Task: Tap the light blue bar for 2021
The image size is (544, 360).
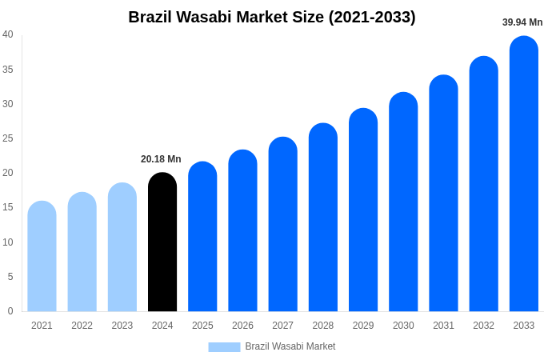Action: click(42, 257)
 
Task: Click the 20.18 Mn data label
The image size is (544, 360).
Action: click(161, 159)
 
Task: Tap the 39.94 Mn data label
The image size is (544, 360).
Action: click(522, 22)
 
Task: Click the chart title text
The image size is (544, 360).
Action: click(272, 17)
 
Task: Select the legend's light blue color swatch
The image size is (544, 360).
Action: click(224, 346)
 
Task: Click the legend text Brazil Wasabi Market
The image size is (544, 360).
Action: click(290, 346)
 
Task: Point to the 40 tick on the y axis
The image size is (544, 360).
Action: click(8, 34)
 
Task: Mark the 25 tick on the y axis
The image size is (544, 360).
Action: click(8, 138)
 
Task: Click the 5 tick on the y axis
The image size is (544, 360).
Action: click(10, 277)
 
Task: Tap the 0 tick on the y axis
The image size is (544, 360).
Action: click(10, 311)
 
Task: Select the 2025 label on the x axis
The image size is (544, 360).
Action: click(202, 326)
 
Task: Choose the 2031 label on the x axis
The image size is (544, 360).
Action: click(443, 326)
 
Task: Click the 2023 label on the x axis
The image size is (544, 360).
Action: click(122, 326)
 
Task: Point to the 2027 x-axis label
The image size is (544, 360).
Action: click(282, 326)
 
